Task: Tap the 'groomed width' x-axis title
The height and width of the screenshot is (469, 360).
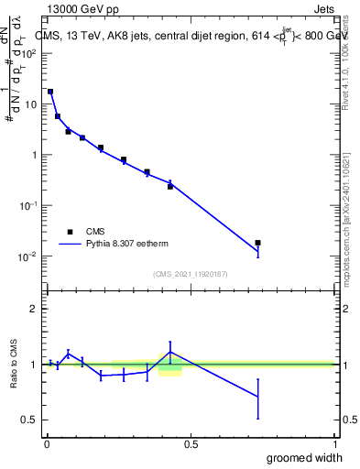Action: (305, 457)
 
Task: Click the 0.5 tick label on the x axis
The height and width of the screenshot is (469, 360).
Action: (191, 444)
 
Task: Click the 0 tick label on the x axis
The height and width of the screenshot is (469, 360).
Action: (47, 444)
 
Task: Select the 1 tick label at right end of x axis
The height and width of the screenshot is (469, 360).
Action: (334, 444)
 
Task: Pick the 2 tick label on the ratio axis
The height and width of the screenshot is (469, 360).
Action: (36, 309)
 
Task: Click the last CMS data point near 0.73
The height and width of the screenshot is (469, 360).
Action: (258, 243)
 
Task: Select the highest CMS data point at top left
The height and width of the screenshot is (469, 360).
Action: (50, 92)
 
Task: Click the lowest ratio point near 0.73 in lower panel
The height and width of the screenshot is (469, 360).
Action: (258, 397)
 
